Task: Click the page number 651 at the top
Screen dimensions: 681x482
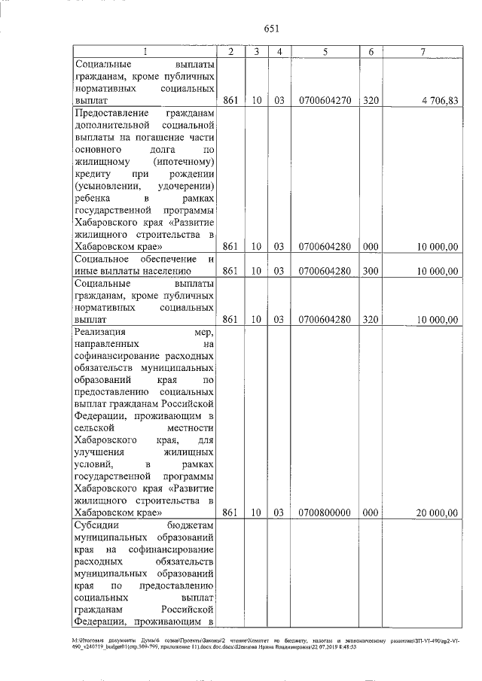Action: click(272, 29)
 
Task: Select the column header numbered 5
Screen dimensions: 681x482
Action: click(325, 51)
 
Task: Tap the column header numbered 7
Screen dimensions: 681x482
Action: click(423, 51)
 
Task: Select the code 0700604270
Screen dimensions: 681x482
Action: click(325, 99)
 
